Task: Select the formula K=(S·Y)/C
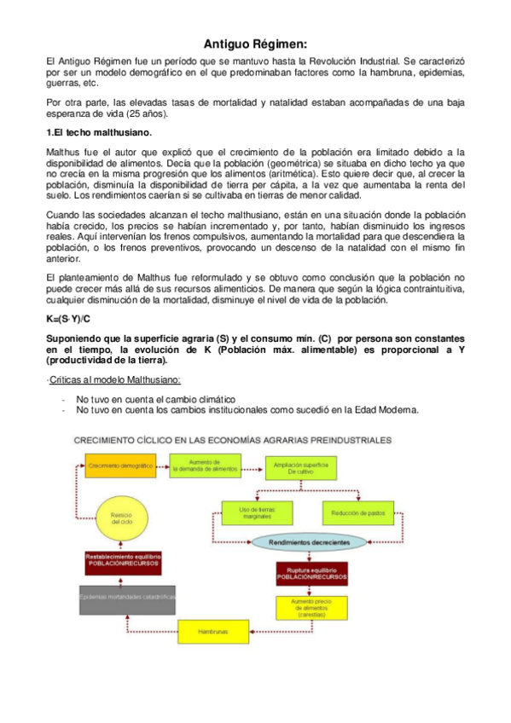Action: [x=67, y=319]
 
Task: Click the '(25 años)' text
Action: [x=146, y=113]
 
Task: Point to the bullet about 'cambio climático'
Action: [x=155, y=398]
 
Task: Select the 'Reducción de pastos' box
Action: [x=356, y=512]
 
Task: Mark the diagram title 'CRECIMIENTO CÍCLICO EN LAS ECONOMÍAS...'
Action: [x=232, y=440]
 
